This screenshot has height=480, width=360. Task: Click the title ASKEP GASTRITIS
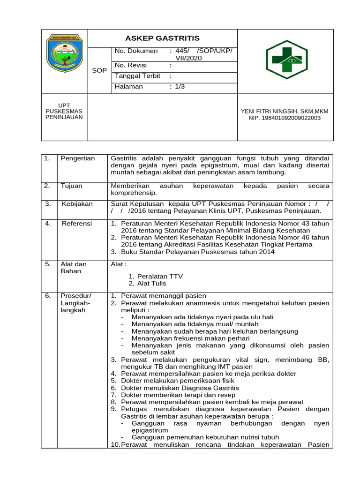point(162,38)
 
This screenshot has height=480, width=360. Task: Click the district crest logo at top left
point(65,54)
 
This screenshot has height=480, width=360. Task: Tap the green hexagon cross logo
point(286,60)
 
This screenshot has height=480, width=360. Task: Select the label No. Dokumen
point(136,51)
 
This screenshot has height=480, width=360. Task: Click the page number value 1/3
point(180,87)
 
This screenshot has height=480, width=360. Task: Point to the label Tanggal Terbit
point(138,76)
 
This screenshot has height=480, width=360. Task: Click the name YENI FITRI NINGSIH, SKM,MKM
point(285,111)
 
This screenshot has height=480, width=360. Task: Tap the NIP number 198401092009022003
point(285,118)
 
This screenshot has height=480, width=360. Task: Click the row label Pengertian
point(78,158)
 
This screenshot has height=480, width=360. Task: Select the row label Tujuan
point(71,186)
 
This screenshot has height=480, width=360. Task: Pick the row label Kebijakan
point(77,204)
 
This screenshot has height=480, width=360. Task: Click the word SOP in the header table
point(99,70)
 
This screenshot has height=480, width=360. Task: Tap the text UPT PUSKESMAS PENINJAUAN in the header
point(64,111)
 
